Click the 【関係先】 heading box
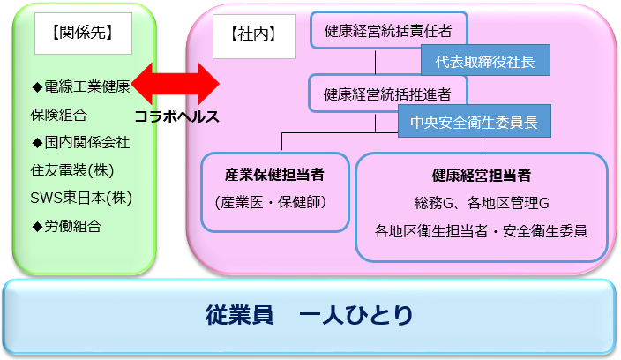[83, 34]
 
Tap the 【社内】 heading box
[254, 36]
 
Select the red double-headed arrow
[175, 84]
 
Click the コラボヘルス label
[176, 116]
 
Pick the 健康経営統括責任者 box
[388, 30]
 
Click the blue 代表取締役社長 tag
[485, 60]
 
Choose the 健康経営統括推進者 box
[388, 94]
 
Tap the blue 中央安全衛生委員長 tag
[474, 121]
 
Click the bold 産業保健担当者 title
[274, 174]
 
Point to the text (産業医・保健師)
[271, 202]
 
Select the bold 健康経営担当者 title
[482, 175]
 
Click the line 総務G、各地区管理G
[482, 203]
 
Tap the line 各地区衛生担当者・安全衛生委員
[481, 231]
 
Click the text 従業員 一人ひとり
[309, 315]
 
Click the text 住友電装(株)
[72, 170]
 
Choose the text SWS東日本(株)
[81, 198]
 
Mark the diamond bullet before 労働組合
[37, 227]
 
